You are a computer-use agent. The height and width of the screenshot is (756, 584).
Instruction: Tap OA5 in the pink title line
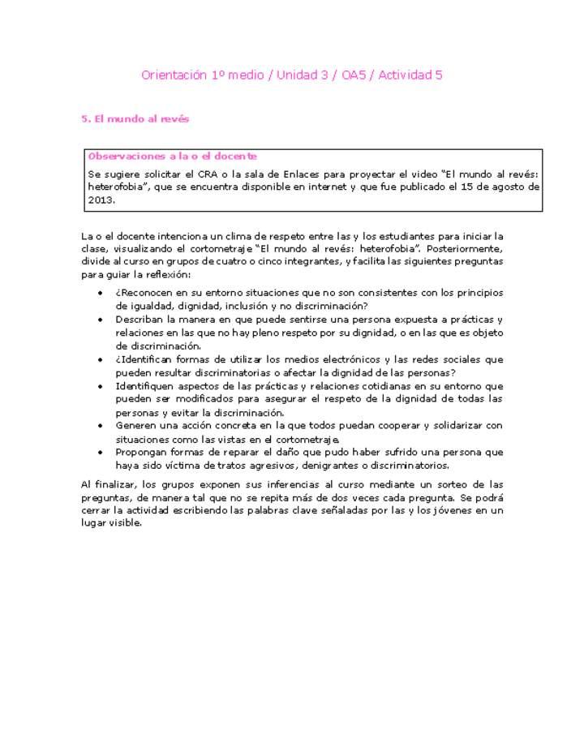pyautogui.click(x=354, y=75)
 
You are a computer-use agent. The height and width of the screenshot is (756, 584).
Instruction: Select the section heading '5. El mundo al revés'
pyautogui.click(x=135, y=118)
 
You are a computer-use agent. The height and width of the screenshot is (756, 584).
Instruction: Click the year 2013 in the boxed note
pyautogui.click(x=101, y=200)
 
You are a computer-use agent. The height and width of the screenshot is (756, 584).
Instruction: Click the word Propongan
pyautogui.click(x=143, y=453)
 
